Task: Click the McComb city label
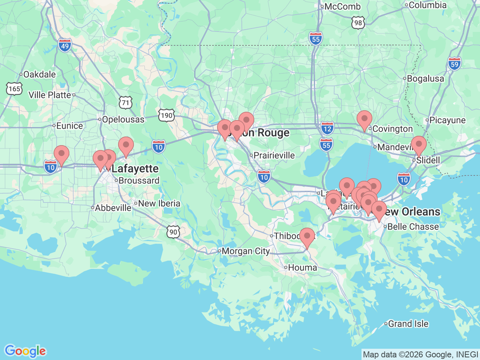pyautogui.click(x=342, y=6)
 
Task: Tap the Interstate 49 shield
pyautogui.click(x=65, y=46)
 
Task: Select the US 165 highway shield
pyautogui.click(x=14, y=88)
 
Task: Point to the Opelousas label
pyautogui.click(x=123, y=119)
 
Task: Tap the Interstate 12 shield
pyautogui.click(x=327, y=129)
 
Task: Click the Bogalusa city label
pyautogui.click(x=425, y=79)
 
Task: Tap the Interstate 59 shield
pyautogui.click(x=454, y=64)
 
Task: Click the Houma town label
pyautogui.click(x=302, y=267)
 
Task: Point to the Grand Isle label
pyautogui.click(x=408, y=324)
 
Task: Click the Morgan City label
pyautogui.click(x=246, y=251)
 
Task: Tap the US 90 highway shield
pyautogui.click(x=173, y=232)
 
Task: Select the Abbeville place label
pyautogui.click(x=113, y=208)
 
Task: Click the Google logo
pyautogui.click(x=25, y=351)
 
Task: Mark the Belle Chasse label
pyautogui.click(x=413, y=226)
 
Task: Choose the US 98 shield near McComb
pyautogui.click(x=358, y=23)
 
